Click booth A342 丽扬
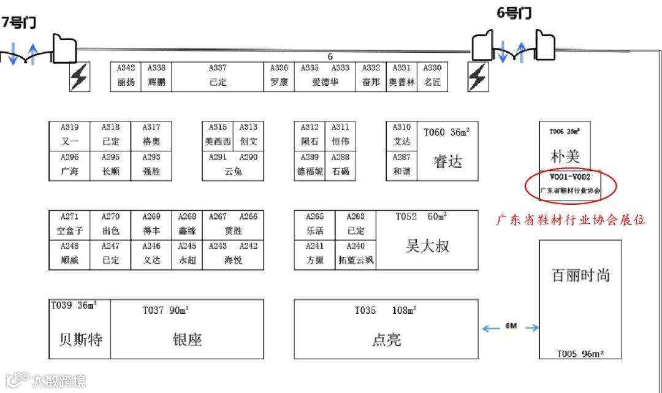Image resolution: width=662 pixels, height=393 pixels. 126,76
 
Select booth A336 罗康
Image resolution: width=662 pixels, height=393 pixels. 279,76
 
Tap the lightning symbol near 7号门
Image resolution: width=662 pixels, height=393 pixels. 79,77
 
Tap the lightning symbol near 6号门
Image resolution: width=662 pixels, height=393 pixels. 477,77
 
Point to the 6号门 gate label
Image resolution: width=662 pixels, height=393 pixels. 514,13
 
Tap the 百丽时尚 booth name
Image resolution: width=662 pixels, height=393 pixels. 580,275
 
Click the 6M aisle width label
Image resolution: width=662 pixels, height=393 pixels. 511,326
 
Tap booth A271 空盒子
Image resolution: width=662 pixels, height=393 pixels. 70,224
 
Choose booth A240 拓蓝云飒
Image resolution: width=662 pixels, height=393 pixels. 356,254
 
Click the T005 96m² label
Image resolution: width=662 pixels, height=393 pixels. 580,354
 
